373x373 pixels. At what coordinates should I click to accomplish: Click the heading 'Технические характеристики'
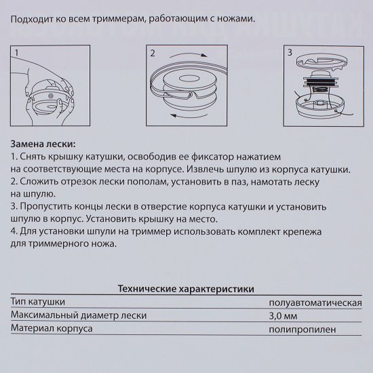click(186, 288)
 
